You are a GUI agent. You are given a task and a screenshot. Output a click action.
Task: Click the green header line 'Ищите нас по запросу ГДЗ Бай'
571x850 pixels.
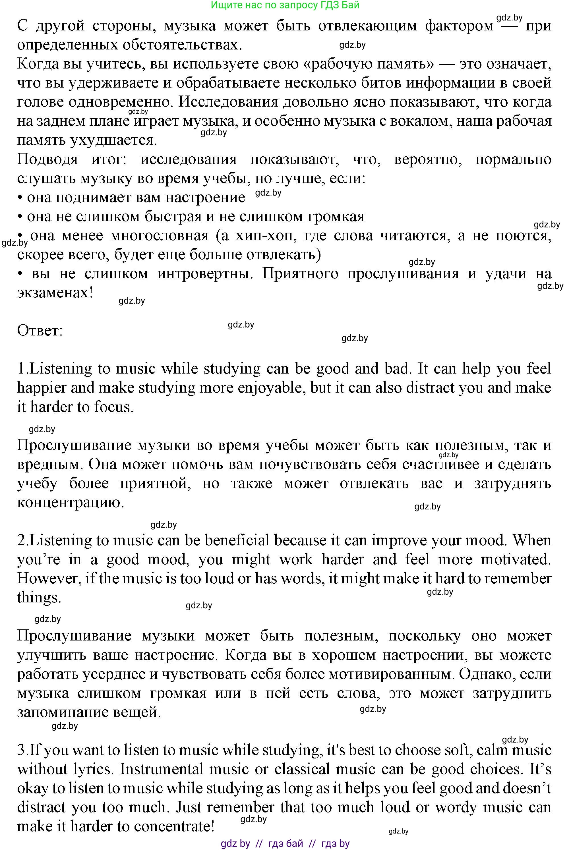285,5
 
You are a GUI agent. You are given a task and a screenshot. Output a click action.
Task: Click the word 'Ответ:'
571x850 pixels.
40,331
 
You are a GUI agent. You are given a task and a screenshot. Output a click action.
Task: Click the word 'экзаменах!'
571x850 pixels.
55,292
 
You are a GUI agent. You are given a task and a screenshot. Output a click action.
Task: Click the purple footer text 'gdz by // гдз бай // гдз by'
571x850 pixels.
285,843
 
